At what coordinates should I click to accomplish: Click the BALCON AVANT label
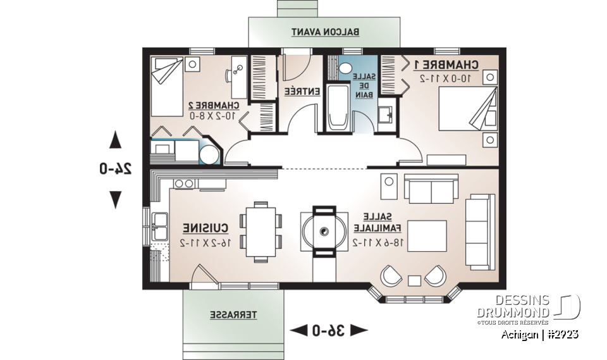325,31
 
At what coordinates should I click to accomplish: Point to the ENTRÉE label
300,91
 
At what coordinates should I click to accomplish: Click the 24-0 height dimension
115,169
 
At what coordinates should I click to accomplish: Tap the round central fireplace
324,231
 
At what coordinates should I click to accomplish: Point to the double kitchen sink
159,226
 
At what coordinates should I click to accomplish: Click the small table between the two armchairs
415,280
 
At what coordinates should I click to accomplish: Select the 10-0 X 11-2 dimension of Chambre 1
446,78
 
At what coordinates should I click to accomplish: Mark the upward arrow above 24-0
115,140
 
